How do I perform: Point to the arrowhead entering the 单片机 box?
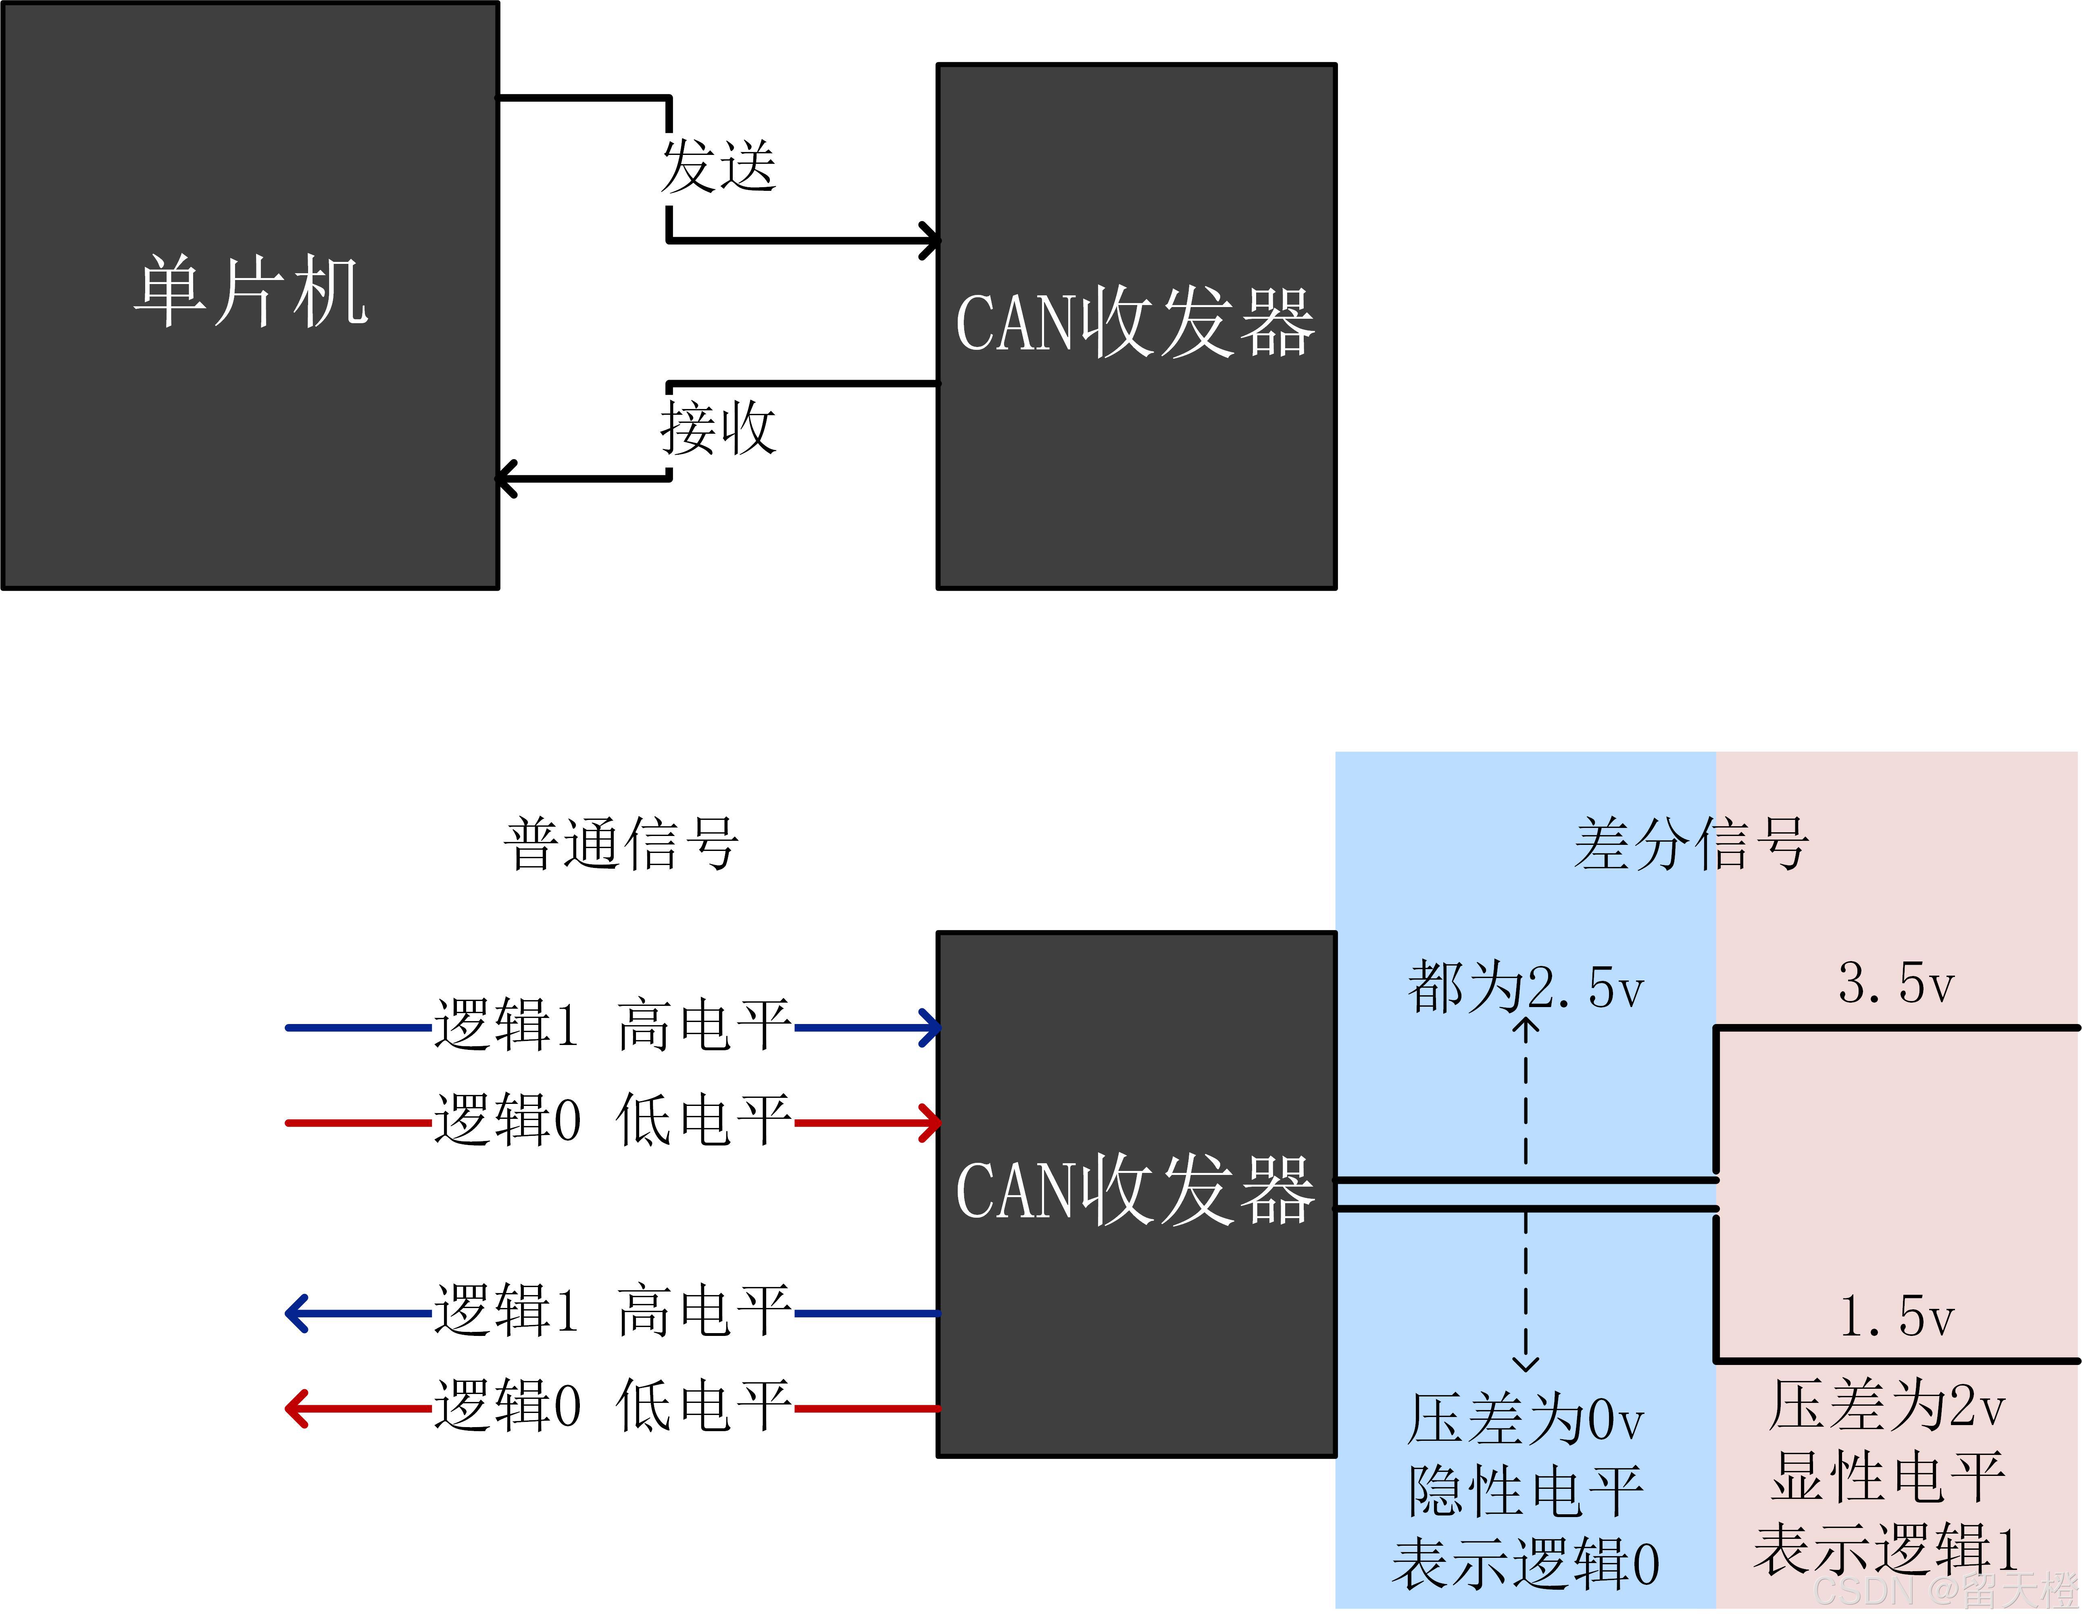tap(505, 478)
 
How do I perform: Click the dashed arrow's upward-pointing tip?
tap(1526, 1023)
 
